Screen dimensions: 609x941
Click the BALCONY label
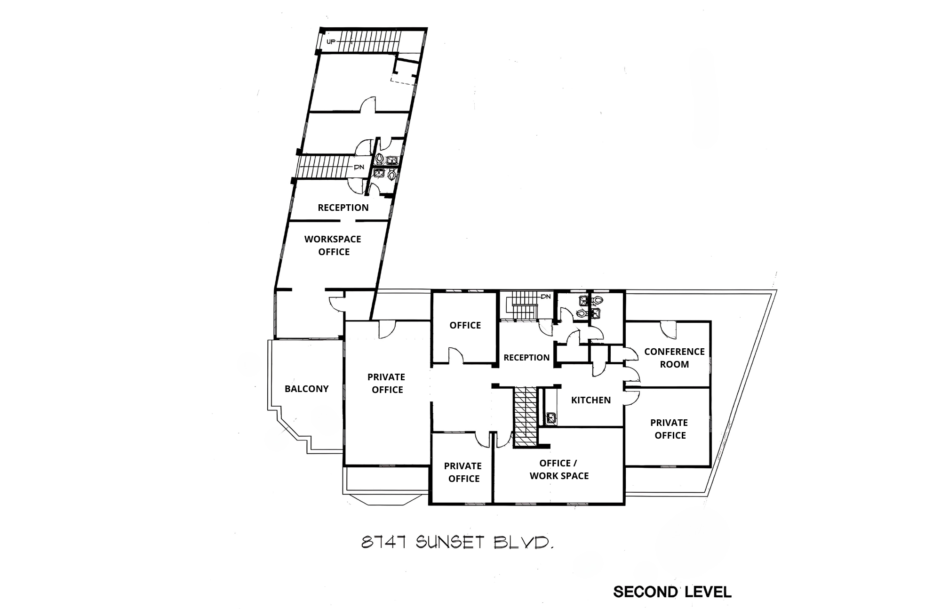point(306,389)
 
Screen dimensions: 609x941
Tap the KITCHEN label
point(590,400)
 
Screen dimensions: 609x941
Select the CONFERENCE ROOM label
point(674,358)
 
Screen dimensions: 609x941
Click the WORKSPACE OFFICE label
point(333,245)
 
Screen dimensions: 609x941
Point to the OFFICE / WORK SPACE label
point(559,469)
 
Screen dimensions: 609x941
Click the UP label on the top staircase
point(331,42)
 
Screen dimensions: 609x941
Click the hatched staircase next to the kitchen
point(525,417)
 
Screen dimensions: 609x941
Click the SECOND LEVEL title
point(672,592)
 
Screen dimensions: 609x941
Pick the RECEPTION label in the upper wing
point(343,208)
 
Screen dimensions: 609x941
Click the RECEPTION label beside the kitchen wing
point(526,358)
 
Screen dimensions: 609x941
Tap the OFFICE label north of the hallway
point(465,325)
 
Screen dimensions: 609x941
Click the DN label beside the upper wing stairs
point(359,167)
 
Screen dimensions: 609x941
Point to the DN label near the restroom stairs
point(546,296)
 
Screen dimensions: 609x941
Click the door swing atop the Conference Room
point(668,329)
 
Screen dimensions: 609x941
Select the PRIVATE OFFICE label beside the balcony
point(386,383)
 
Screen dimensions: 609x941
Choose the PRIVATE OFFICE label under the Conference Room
point(670,429)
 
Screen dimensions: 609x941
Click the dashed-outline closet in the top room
point(404,72)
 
